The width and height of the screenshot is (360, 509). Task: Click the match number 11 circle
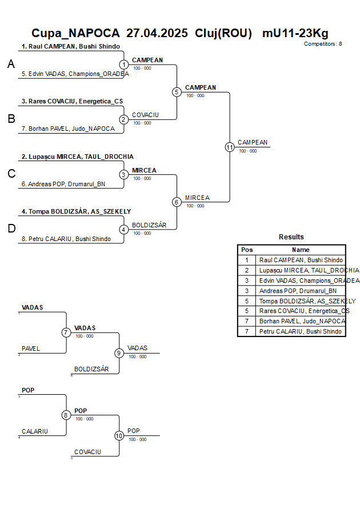tap(230, 147)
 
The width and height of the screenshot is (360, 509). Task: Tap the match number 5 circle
tap(177, 92)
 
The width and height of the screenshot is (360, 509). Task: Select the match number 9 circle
tap(119, 353)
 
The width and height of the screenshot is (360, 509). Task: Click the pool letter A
tap(11, 65)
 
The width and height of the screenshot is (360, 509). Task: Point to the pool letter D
tap(11, 229)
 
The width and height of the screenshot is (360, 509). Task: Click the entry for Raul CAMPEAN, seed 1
tap(71, 46)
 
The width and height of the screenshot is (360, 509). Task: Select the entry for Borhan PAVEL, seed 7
tap(68, 129)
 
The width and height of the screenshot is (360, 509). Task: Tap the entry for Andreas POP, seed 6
tap(63, 184)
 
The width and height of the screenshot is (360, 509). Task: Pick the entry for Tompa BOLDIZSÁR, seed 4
tap(76, 211)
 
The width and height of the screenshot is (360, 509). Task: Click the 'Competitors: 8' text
tap(323, 44)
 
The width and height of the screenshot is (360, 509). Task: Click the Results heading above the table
tap(291, 237)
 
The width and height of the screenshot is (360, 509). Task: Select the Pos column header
tap(247, 250)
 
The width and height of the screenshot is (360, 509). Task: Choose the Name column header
tap(301, 250)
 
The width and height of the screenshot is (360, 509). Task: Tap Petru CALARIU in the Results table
tap(301, 331)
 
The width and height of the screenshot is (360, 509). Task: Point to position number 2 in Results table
tap(247, 270)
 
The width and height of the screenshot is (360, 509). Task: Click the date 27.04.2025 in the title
tap(157, 33)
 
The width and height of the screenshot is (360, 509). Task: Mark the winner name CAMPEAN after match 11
tap(253, 142)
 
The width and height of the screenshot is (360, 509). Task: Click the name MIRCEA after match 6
tap(197, 198)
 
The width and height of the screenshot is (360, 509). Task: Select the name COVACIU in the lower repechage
tap(87, 452)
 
